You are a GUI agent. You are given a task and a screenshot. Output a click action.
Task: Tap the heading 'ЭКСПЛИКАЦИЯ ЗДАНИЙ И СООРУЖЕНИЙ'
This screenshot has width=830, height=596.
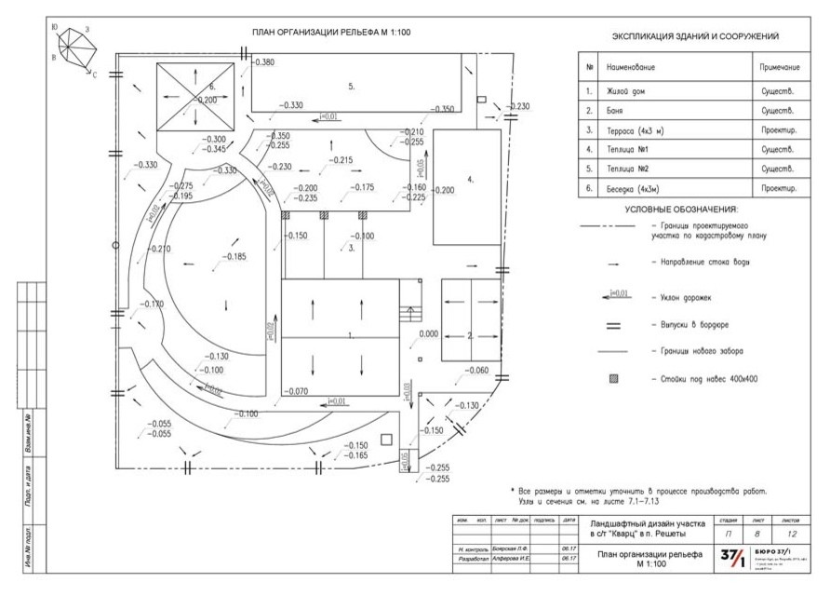tap(695, 36)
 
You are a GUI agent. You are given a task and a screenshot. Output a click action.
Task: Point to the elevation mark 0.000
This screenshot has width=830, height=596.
tap(428, 332)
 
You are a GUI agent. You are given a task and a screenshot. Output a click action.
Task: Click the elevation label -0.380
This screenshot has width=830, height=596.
tap(263, 62)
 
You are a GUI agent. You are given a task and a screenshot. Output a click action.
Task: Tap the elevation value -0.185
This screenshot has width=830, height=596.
tap(234, 256)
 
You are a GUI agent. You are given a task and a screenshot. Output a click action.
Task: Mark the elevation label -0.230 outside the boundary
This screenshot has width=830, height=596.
tap(517, 106)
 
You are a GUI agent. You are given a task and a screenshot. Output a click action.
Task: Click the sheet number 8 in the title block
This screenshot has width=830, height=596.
tap(759, 535)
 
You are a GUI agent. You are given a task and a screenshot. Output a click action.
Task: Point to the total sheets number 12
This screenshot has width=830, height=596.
tap(792, 535)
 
